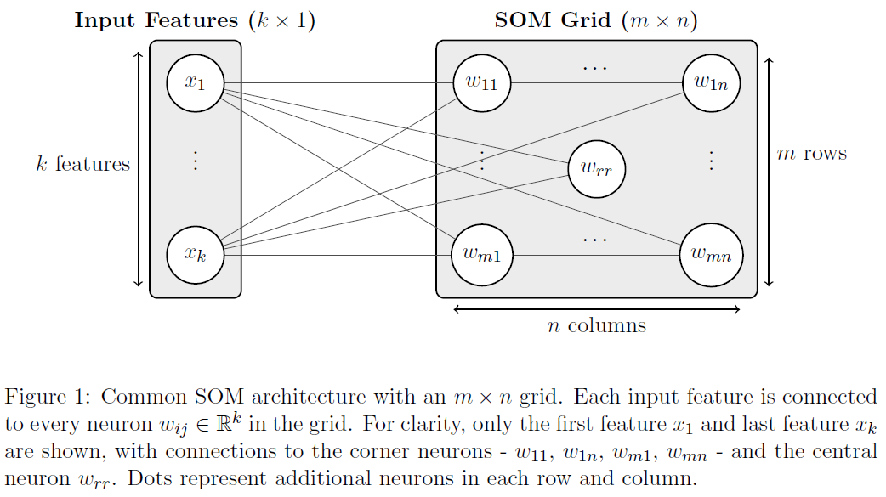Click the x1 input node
tap(196, 83)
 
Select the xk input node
tap(196, 254)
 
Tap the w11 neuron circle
tap(482, 83)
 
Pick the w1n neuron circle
tap(712, 83)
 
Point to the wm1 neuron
tap(482, 254)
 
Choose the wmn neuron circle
tap(712, 254)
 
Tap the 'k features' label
tap(82, 164)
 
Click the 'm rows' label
tap(812, 154)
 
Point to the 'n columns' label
tap(596, 325)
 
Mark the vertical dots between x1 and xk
tap(196, 161)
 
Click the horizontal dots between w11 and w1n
tap(595, 67)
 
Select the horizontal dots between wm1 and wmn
tap(595, 239)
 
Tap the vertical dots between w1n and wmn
tap(712, 161)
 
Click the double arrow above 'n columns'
tap(597, 309)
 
